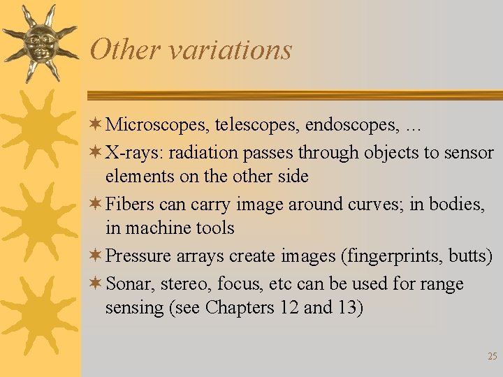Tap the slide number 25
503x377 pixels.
tap(492, 356)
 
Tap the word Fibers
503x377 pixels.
tap(129, 204)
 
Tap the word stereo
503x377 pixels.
tap(186, 284)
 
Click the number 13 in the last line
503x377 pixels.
tap(347, 308)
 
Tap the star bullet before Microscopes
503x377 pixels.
tap(97, 125)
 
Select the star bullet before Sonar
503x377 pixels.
tap(97, 284)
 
